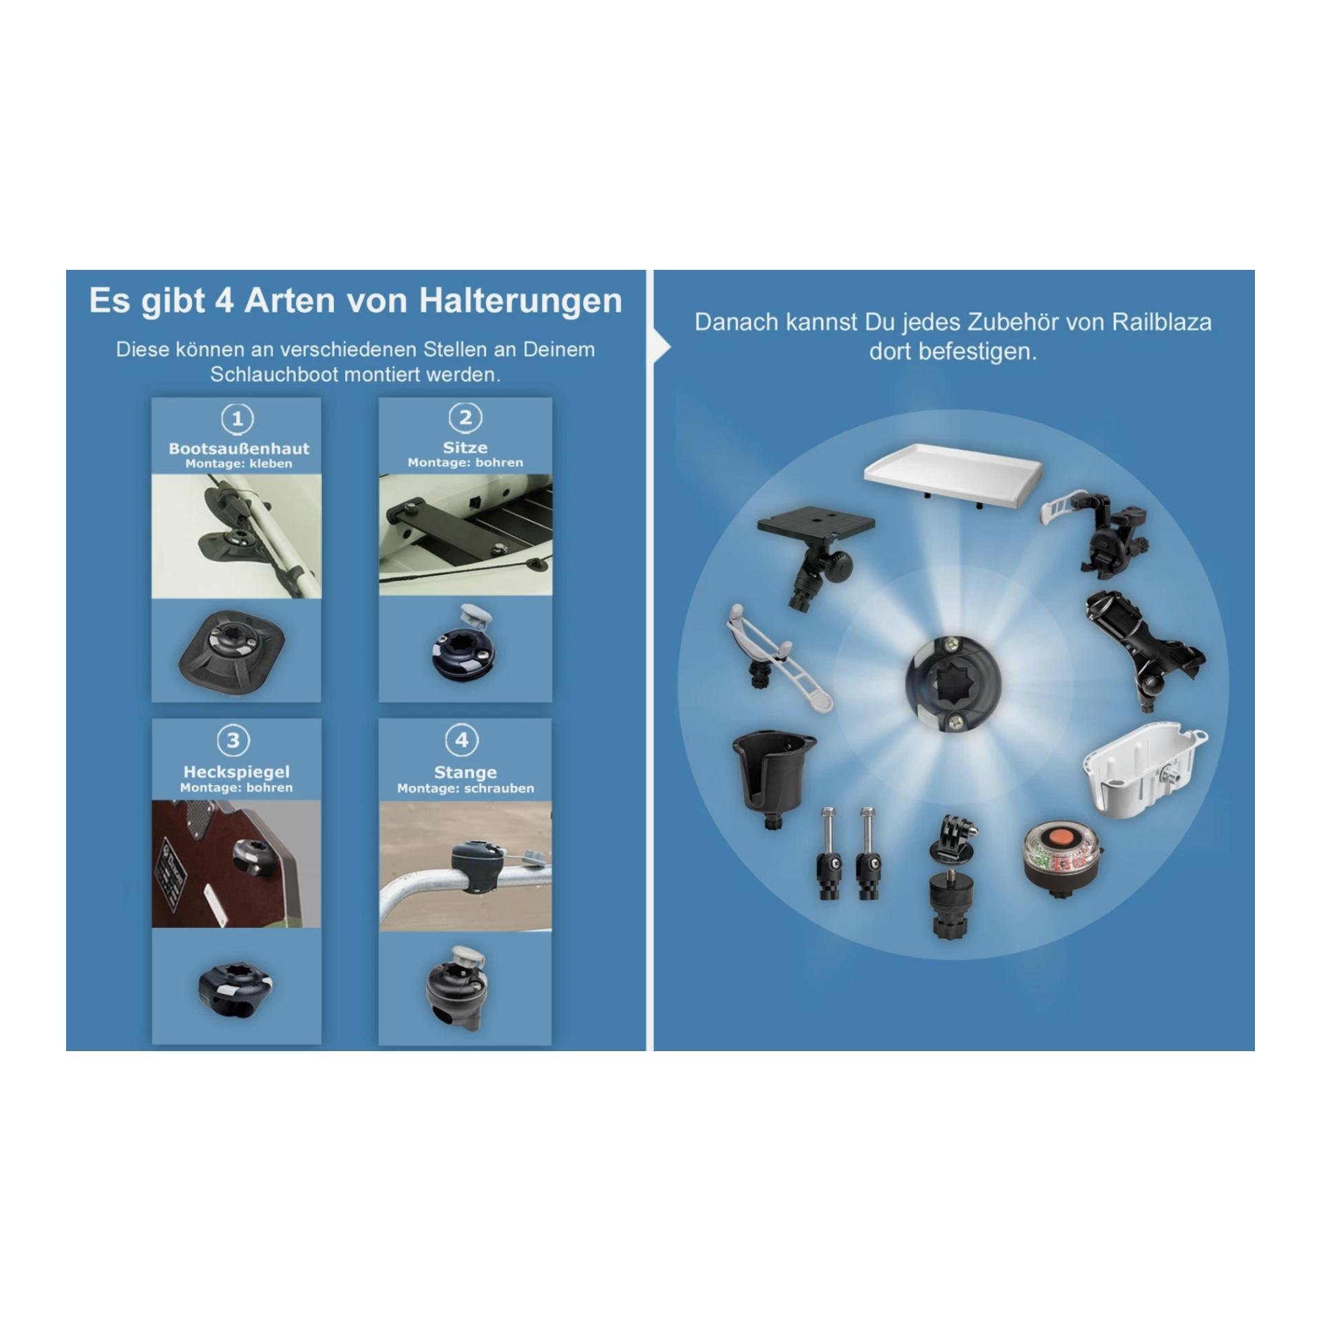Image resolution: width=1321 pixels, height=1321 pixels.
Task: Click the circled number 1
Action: (237, 419)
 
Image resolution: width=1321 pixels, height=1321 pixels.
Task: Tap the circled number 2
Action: (465, 417)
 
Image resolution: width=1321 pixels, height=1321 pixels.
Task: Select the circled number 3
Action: (233, 741)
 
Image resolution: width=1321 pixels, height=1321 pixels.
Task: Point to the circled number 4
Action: (462, 740)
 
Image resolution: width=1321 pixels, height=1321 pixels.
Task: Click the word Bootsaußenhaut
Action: (239, 449)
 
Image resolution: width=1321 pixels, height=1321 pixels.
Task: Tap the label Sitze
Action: (465, 447)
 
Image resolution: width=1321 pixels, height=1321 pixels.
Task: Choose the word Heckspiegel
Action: (236, 772)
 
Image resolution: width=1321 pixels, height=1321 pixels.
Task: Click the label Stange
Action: (465, 772)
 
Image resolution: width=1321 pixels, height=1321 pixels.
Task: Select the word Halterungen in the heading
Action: (520, 301)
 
